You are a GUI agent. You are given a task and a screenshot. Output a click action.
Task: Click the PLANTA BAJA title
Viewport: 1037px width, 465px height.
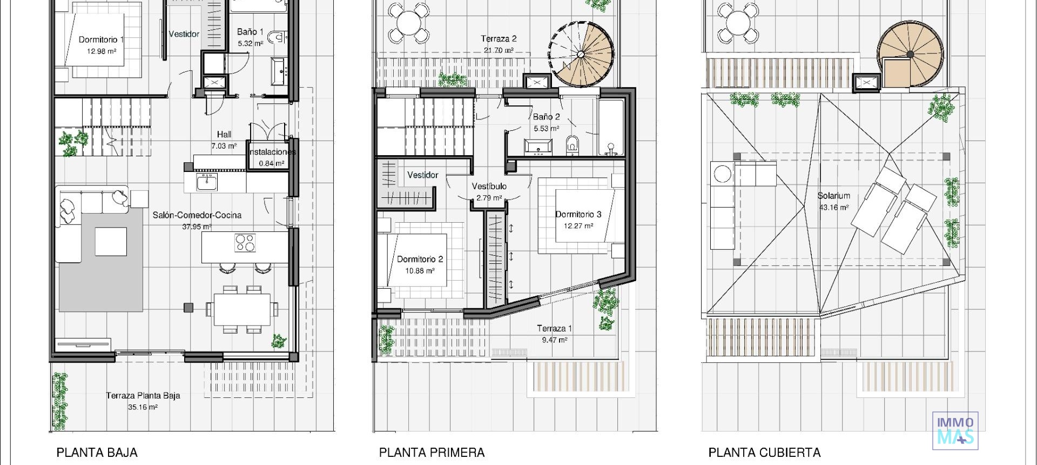point(97,453)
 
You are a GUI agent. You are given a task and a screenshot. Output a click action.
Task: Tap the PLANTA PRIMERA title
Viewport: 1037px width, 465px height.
point(432,453)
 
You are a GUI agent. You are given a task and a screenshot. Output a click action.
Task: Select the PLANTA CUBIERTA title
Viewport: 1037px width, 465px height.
point(764,453)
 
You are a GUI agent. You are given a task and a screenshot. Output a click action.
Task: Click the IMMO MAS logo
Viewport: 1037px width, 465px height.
point(955,430)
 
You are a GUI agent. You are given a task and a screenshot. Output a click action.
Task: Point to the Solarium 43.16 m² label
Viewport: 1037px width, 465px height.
point(833,201)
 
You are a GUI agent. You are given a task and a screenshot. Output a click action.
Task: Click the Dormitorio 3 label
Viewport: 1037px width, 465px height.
point(578,215)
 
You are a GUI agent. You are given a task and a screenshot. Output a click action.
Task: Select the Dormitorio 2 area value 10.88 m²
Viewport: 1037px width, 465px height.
point(420,271)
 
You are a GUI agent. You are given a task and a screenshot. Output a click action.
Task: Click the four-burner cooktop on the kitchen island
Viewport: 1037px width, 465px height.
point(245,243)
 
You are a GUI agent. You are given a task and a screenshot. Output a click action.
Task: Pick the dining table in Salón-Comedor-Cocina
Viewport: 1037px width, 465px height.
point(241,309)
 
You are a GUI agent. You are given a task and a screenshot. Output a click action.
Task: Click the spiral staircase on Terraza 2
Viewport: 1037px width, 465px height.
point(582,54)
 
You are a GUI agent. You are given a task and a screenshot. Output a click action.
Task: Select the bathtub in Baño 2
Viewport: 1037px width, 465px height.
point(611,128)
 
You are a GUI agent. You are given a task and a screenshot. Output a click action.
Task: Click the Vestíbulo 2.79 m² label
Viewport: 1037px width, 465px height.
point(489,192)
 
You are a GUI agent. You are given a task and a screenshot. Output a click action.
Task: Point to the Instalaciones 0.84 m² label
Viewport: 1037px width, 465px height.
point(272,157)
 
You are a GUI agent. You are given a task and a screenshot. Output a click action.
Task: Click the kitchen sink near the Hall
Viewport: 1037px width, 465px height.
point(206,182)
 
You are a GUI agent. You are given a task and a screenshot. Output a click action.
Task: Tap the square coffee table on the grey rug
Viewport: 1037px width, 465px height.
point(111,241)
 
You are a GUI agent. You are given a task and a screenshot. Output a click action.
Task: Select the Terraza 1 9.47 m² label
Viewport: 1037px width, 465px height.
point(554,334)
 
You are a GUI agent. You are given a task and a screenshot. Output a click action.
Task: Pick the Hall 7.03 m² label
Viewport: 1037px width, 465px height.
point(224,140)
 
